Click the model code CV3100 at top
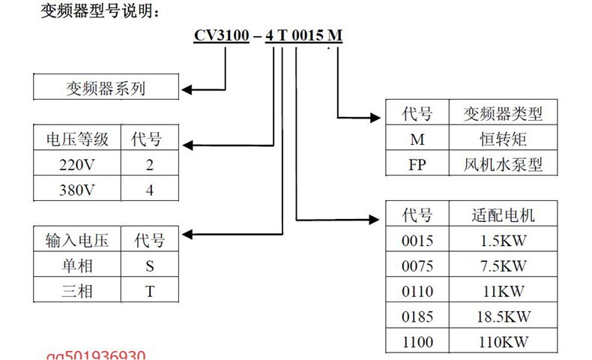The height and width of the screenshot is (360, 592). coord(222,36)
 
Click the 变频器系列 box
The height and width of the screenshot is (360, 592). coord(106,88)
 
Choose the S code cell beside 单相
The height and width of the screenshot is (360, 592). coord(149,265)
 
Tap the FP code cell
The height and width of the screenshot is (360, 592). coord(417,164)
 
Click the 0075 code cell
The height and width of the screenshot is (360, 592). coord(417,265)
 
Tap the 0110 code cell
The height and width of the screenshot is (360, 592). coord(417,291)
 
